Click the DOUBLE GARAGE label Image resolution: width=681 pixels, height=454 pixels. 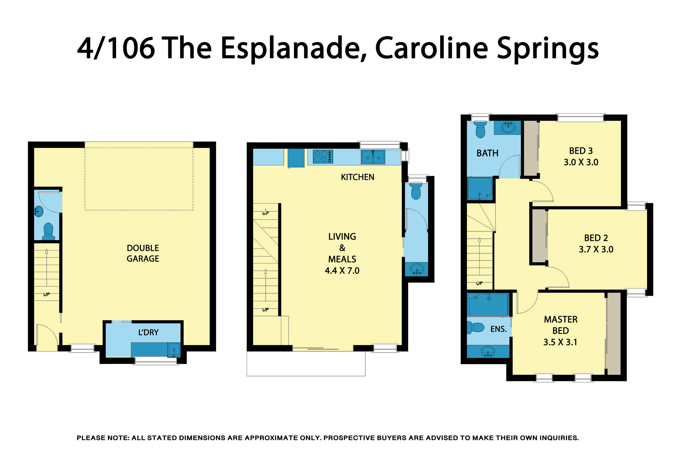click(143, 253)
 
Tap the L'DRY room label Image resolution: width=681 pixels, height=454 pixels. click(148, 332)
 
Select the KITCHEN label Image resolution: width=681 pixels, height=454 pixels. click(357, 177)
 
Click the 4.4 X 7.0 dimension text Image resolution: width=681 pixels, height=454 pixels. click(342, 271)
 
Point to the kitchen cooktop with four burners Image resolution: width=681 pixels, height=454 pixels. click(323, 157)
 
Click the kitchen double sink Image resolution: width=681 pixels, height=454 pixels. click(373, 157)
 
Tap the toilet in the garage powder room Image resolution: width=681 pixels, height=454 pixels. click(48, 231)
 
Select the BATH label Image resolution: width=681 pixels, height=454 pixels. click(487, 153)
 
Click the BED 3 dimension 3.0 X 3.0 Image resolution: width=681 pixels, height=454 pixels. click(581, 162)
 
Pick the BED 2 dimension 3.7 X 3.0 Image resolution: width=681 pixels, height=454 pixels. click(596, 249)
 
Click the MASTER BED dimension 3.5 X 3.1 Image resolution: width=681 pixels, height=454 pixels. click(560, 342)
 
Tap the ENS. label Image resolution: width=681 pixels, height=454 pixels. click(498, 329)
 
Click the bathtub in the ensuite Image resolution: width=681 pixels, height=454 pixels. click(488, 305)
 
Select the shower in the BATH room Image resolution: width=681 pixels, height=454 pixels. click(479, 188)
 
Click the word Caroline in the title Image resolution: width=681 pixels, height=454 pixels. click(431, 48)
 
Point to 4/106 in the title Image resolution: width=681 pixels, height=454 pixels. click(116, 48)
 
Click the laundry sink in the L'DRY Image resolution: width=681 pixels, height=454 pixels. click(174, 350)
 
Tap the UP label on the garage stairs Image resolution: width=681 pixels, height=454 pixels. click(46, 294)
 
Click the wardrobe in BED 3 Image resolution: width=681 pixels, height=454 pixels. click(530, 149)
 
